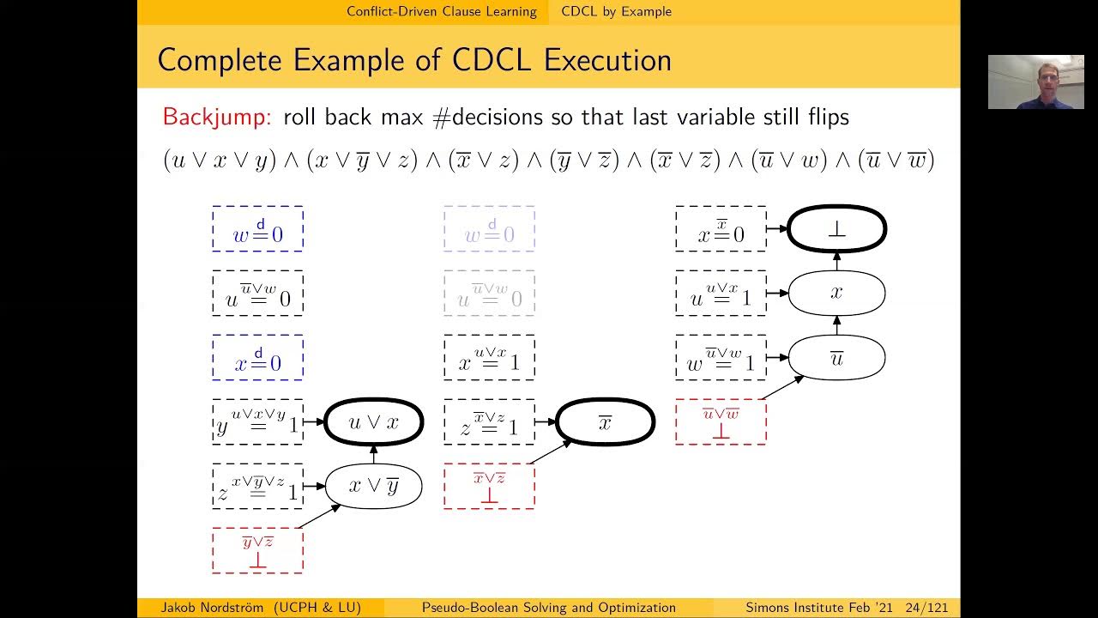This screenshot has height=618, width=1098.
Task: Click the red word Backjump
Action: (218, 117)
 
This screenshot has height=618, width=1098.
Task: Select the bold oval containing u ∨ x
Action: (374, 421)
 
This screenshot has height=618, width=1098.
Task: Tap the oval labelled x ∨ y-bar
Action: (374, 486)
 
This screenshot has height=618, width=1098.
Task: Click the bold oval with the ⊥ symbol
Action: (836, 229)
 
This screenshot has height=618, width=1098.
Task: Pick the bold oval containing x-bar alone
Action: (605, 421)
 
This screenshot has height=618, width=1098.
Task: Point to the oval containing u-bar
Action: (836, 358)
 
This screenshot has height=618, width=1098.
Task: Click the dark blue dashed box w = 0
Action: (257, 229)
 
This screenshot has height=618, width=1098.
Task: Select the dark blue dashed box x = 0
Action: (257, 358)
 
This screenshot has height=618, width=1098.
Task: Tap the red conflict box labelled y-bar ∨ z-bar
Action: (257, 550)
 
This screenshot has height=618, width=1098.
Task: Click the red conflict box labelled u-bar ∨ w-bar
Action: (721, 421)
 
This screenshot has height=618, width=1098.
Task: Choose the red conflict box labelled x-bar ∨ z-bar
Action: (489, 486)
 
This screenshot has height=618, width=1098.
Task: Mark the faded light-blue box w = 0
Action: (489, 229)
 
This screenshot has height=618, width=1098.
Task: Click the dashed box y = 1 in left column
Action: (257, 421)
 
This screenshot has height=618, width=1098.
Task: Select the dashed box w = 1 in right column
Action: (721, 358)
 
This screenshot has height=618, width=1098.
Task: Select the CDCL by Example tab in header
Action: (616, 11)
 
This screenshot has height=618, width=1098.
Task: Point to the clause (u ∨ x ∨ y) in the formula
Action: (219, 161)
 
